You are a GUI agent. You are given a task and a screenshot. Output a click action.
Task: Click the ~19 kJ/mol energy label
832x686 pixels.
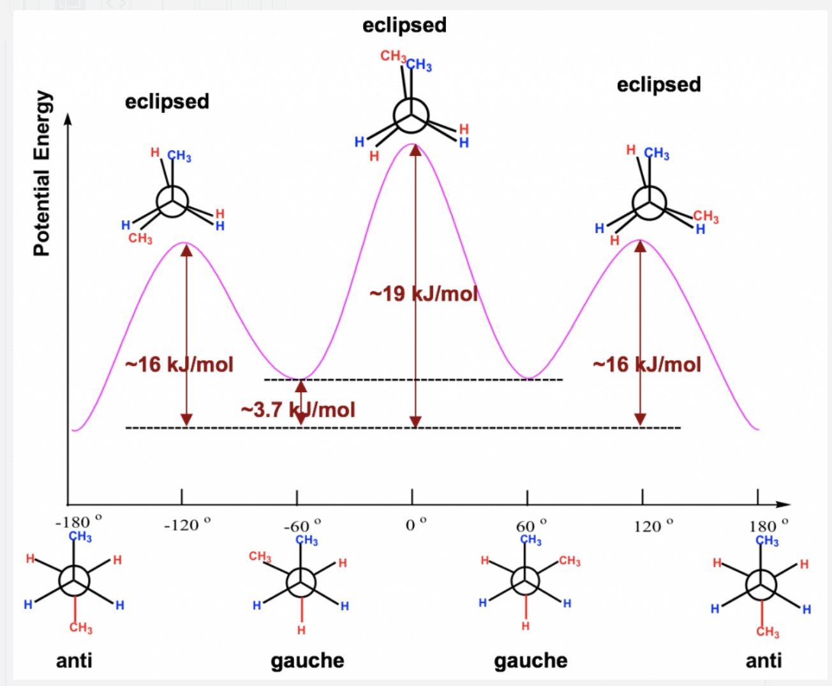(x=424, y=293)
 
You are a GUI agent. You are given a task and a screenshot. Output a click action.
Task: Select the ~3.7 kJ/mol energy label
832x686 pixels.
(x=298, y=409)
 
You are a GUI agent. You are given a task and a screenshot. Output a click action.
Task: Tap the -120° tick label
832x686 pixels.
(x=186, y=525)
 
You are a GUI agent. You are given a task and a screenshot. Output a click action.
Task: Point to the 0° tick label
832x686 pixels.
(x=416, y=525)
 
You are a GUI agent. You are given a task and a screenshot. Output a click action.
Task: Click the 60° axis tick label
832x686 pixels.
(x=531, y=526)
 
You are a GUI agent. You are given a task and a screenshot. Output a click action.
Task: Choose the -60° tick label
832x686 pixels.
(x=302, y=526)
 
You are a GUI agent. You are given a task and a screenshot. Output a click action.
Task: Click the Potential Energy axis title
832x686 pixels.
(x=41, y=173)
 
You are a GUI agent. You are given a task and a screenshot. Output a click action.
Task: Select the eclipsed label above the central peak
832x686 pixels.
(x=405, y=25)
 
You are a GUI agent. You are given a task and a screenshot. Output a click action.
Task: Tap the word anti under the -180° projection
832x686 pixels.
(x=74, y=660)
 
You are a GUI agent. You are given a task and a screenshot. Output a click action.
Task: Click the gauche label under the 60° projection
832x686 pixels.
(x=530, y=660)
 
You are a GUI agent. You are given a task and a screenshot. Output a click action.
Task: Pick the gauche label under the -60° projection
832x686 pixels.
(x=307, y=660)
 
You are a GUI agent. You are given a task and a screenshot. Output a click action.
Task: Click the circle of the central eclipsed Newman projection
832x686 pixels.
(x=410, y=116)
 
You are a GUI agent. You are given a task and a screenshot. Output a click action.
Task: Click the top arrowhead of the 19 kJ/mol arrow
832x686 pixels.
(x=415, y=149)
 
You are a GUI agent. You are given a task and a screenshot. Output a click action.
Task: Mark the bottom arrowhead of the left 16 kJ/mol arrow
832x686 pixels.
(x=186, y=420)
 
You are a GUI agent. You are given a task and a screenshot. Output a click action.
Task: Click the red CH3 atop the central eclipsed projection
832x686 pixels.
(x=393, y=56)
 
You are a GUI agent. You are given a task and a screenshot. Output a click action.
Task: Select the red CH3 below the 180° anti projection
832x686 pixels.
(x=768, y=632)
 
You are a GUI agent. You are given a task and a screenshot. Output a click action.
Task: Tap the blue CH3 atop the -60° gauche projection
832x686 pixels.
(x=307, y=540)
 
